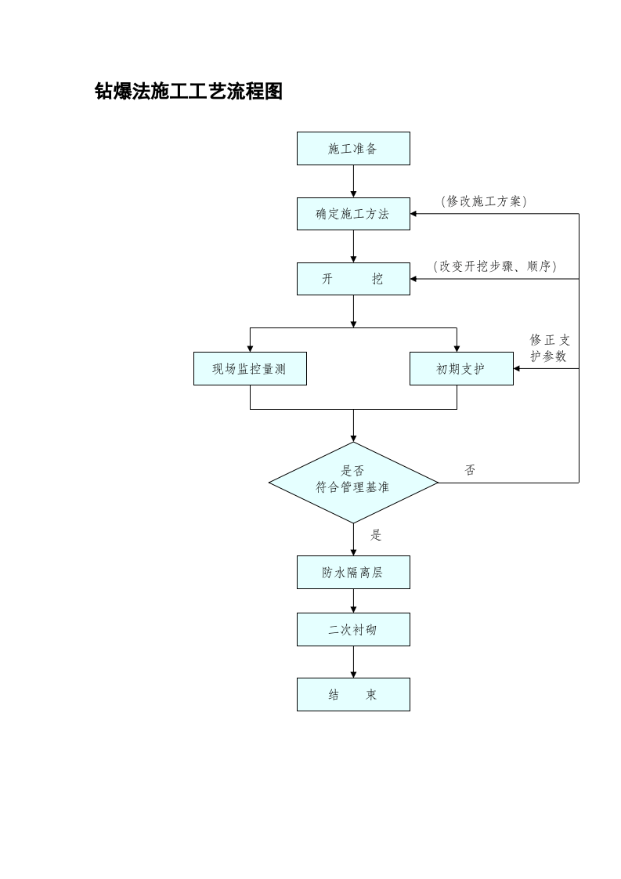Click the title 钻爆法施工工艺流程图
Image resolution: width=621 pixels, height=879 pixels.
(x=188, y=92)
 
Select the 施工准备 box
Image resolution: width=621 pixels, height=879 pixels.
(x=353, y=148)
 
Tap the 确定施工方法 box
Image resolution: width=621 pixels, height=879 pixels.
(x=353, y=214)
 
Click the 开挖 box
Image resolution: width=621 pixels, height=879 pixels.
(x=353, y=279)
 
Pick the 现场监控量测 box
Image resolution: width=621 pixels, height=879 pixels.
(x=250, y=369)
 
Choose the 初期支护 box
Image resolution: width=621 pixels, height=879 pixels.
(x=461, y=369)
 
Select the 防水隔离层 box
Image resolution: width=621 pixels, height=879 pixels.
(x=353, y=573)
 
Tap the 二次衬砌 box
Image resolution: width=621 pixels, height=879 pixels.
(x=353, y=629)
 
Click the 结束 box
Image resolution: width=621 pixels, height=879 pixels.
(x=353, y=694)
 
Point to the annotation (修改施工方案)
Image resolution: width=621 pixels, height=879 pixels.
(x=484, y=201)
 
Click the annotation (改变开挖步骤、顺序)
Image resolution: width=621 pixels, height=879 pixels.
(x=495, y=266)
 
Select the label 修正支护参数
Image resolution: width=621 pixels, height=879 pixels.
(x=549, y=348)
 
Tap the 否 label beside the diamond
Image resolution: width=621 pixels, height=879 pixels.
(x=470, y=470)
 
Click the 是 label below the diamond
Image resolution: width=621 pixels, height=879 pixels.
(x=376, y=535)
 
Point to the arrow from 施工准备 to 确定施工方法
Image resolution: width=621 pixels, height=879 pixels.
(x=353, y=182)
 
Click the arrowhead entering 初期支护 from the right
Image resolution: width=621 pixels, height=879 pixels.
(x=517, y=369)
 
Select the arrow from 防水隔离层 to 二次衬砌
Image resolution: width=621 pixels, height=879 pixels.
(x=353, y=601)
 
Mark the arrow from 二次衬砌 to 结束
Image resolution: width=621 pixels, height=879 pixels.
(x=353, y=662)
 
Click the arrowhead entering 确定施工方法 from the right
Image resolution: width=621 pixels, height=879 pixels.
(x=413, y=214)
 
